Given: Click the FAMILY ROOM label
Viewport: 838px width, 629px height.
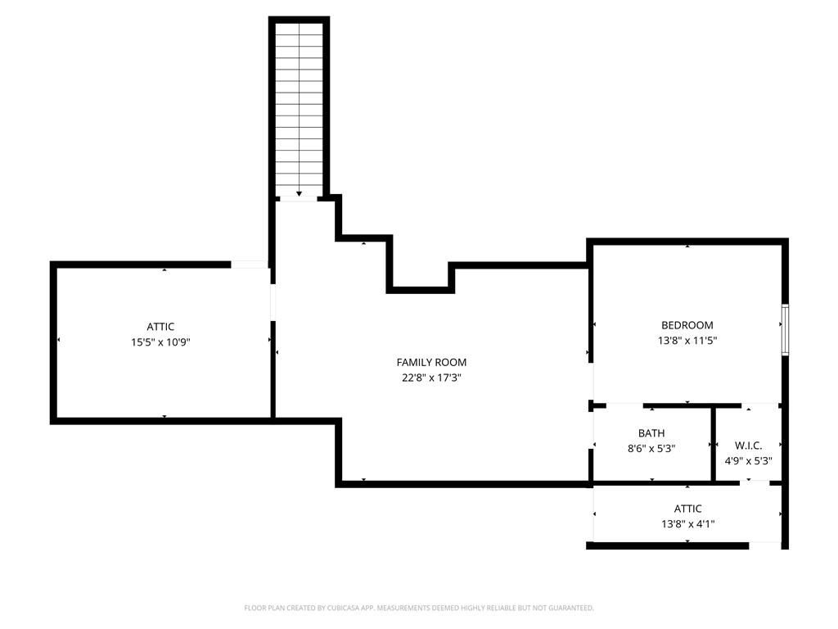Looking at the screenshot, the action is pyautogui.click(x=431, y=362).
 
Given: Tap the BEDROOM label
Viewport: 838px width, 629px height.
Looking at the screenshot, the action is pyautogui.click(x=687, y=325).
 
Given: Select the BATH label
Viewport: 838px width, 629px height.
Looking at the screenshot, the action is pyautogui.click(x=651, y=433).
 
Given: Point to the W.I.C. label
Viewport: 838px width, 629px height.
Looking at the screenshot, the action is pyautogui.click(x=748, y=446).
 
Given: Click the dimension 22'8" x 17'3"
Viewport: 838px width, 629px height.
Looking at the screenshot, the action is pyautogui.click(x=431, y=378).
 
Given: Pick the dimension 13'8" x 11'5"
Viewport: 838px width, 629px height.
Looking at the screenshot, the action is pyautogui.click(x=687, y=340).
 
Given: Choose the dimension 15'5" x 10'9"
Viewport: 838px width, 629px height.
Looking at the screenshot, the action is pyautogui.click(x=160, y=342).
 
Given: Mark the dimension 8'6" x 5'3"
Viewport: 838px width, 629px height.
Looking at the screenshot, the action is pyautogui.click(x=651, y=448).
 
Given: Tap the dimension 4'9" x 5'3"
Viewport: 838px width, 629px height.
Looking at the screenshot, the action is pyautogui.click(x=748, y=460).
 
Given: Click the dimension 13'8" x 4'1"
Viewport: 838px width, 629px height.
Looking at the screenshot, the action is pyautogui.click(x=687, y=523).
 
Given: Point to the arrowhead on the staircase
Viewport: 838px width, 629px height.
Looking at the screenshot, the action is pyautogui.click(x=299, y=193).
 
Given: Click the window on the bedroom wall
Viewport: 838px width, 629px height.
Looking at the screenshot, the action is pyautogui.click(x=785, y=329).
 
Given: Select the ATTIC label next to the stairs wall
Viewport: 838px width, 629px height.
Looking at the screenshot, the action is pyautogui.click(x=160, y=327).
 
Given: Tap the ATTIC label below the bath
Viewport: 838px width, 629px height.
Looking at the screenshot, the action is pyautogui.click(x=687, y=509).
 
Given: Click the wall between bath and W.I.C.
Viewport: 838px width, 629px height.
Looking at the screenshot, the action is pyautogui.click(x=713, y=444).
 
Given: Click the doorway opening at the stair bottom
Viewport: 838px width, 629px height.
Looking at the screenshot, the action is pyautogui.click(x=299, y=199).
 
